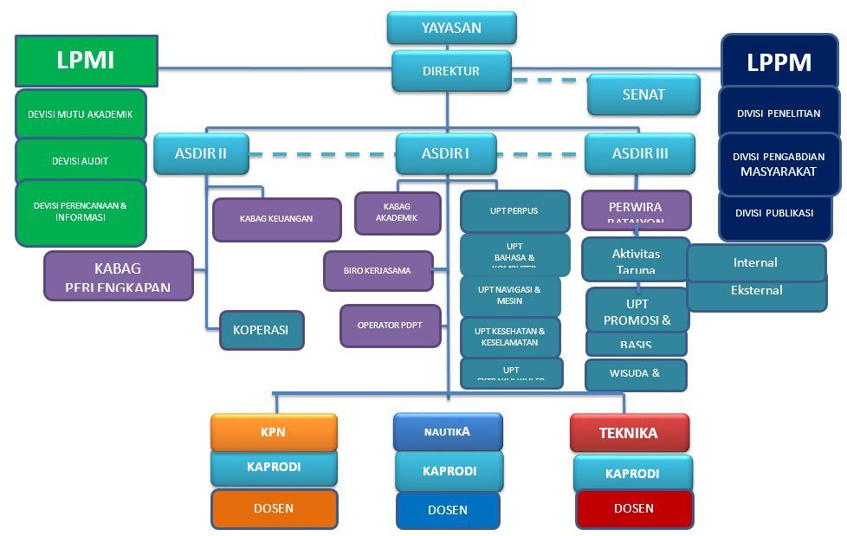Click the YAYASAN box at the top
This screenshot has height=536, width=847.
(451, 28)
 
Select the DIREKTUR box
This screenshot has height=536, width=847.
(451, 71)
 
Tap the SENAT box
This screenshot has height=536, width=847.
(643, 94)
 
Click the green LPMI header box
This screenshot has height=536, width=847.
(86, 60)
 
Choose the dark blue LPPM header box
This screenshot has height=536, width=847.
(779, 62)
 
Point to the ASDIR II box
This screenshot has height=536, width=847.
(201, 154)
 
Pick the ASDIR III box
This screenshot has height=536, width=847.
(639, 154)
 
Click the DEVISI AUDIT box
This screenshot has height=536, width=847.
(81, 161)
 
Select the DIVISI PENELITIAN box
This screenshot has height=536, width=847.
(779, 113)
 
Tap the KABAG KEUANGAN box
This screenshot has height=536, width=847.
(277, 219)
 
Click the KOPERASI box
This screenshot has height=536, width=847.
(262, 330)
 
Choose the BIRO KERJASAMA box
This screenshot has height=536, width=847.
(377, 271)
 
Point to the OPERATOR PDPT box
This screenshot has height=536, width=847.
(390, 326)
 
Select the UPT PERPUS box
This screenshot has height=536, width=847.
(514, 210)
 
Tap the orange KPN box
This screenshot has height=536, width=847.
(274, 432)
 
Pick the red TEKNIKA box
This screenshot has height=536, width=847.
(629, 432)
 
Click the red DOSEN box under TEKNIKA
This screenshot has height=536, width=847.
(634, 509)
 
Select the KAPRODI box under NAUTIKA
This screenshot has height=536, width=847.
(449, 471)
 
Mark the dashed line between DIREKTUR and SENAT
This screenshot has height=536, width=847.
(546, 81)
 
